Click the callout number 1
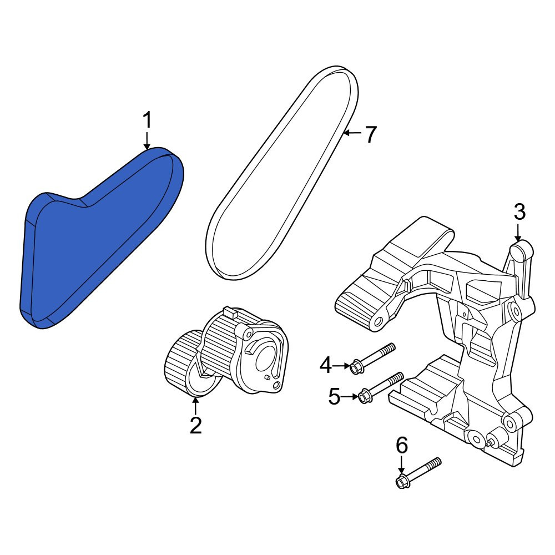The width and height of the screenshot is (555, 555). pos(147,120)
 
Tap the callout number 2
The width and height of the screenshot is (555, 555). pos(196,425)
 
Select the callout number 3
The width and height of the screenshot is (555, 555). pos(519,213)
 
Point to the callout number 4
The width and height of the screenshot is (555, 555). pos(326,365)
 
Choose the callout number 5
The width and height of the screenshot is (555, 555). pos(334,396)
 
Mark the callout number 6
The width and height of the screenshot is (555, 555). pos(401,445)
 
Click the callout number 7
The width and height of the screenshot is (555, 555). pos(370,134)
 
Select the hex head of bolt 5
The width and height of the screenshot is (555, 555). pos(364,396)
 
